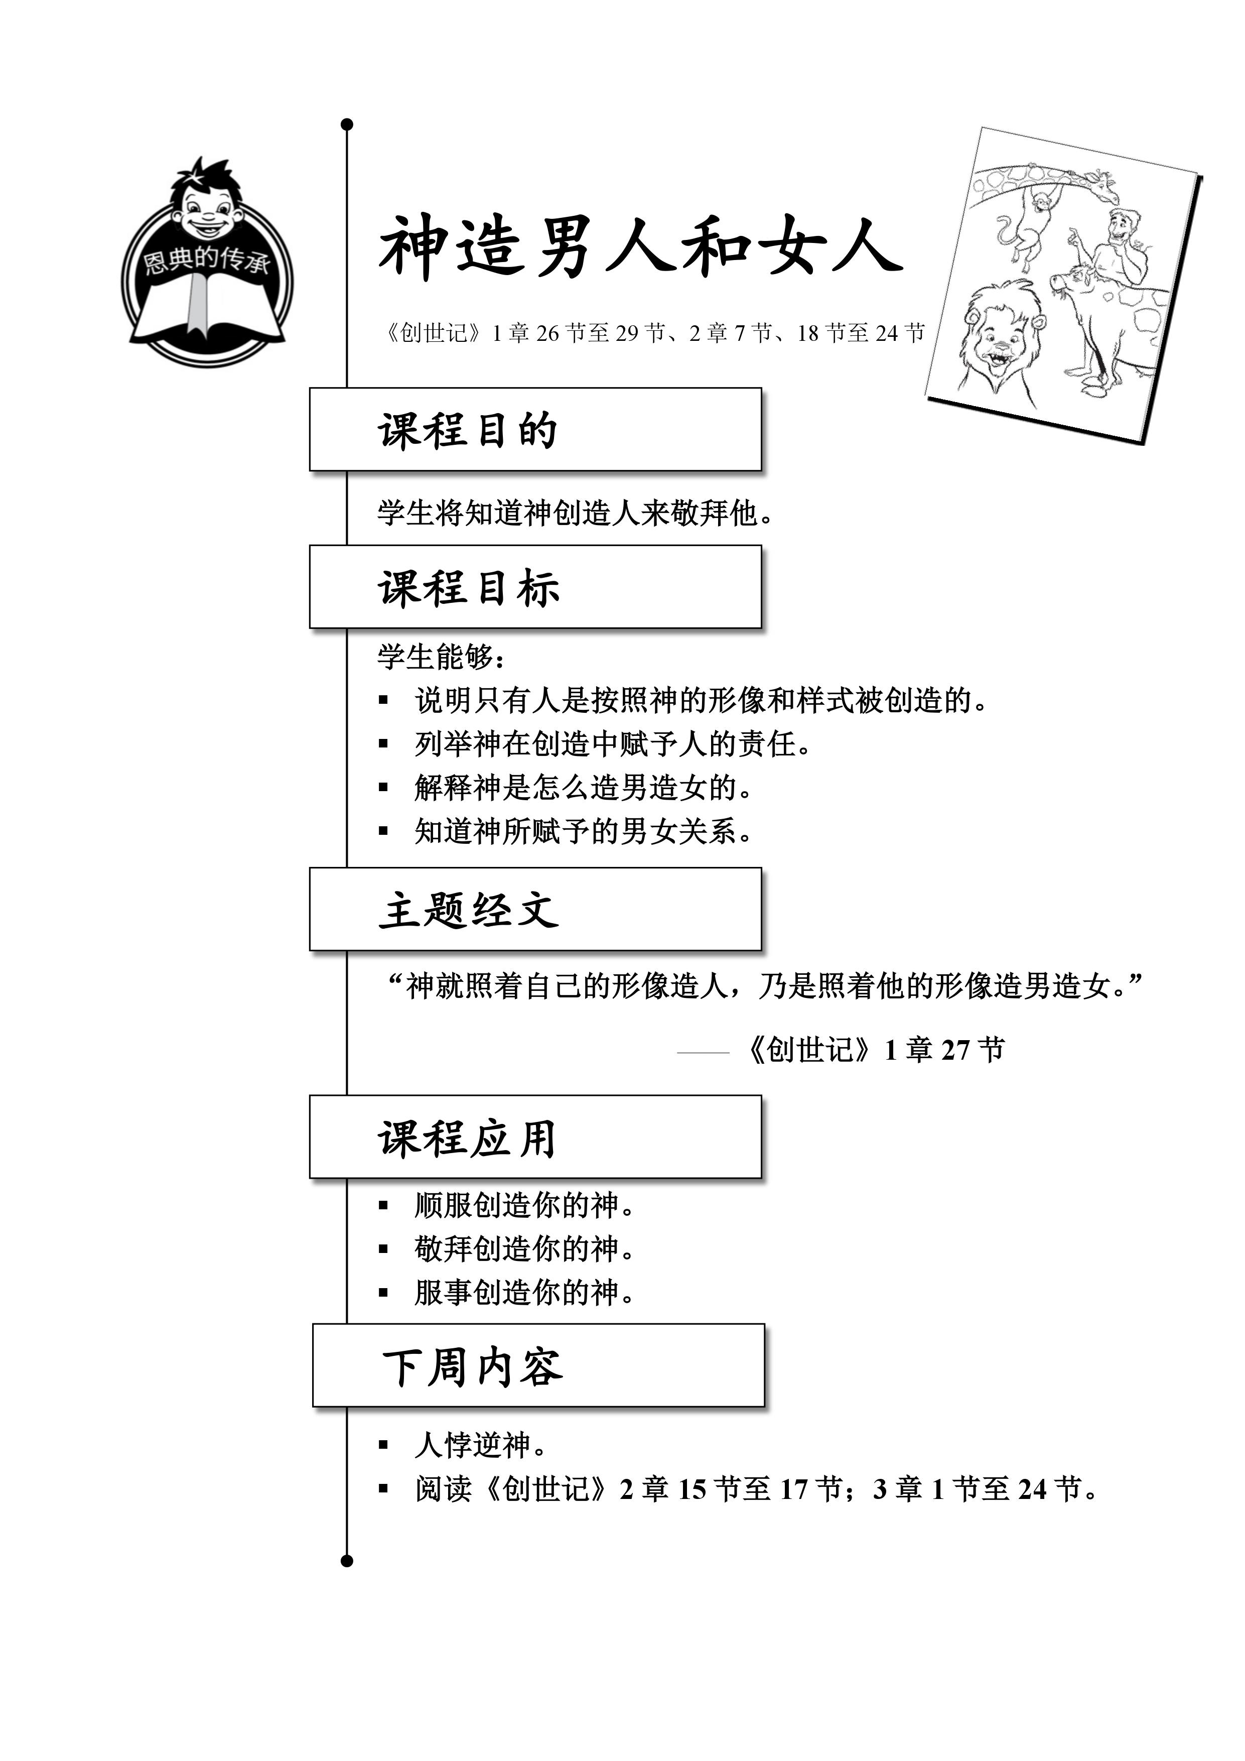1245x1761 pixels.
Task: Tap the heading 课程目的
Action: coord(468,430)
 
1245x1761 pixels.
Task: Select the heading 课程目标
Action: coord(468,588)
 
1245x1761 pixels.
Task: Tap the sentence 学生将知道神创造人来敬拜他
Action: coord(575,513)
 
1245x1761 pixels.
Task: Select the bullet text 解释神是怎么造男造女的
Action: coord(583,787)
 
